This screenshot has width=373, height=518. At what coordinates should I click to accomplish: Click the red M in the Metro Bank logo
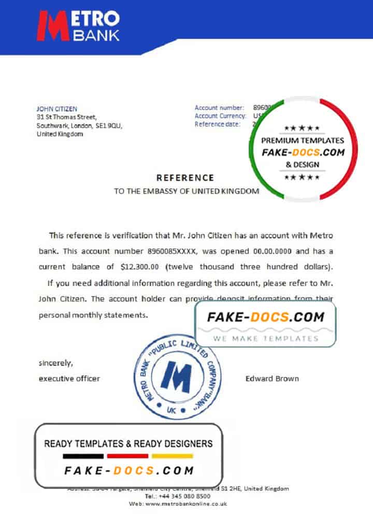tap(53, 26)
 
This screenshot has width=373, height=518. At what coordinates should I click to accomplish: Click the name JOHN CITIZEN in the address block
tap(56, 109)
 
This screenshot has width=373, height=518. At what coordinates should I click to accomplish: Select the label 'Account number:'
tap(219, 108)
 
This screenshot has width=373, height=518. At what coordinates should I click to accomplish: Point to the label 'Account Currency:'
tap(220, 116)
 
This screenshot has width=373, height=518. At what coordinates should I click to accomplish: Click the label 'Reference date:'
tap(218, 124)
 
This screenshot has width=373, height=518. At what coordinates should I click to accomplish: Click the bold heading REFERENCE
tap(185, 178)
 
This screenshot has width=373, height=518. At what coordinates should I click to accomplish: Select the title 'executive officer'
tap(69, 379)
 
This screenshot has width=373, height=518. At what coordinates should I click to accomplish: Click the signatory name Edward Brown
tap(272, 379)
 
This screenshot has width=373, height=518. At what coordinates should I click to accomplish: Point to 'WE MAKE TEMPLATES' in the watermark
tap(265, 339)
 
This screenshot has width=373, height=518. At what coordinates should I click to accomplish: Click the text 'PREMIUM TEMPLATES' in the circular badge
tap(303, 140)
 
